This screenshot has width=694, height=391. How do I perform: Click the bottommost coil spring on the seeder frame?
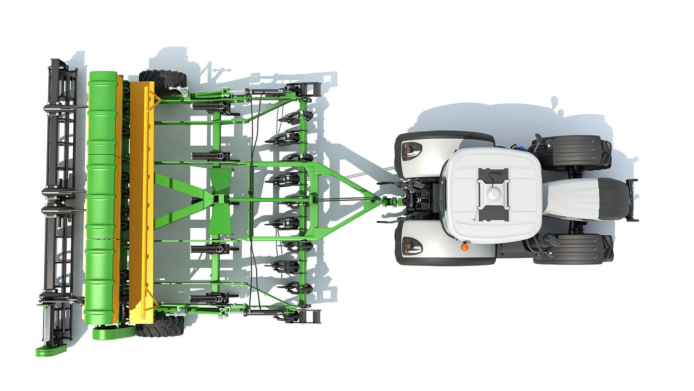202,298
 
